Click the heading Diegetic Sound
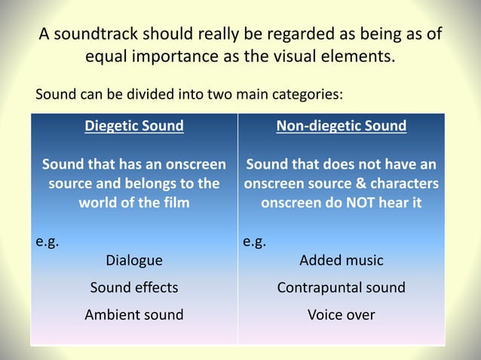point(133,126)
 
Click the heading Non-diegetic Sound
point(341,126)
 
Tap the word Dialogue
point(133,261)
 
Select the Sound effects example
point(133,288)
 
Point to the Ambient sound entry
point(133,315)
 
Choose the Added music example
point(341,261)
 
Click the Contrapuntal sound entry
point(341,288)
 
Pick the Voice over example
point(341,315)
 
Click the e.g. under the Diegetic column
point(47,243)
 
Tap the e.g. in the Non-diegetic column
point(254,243)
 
